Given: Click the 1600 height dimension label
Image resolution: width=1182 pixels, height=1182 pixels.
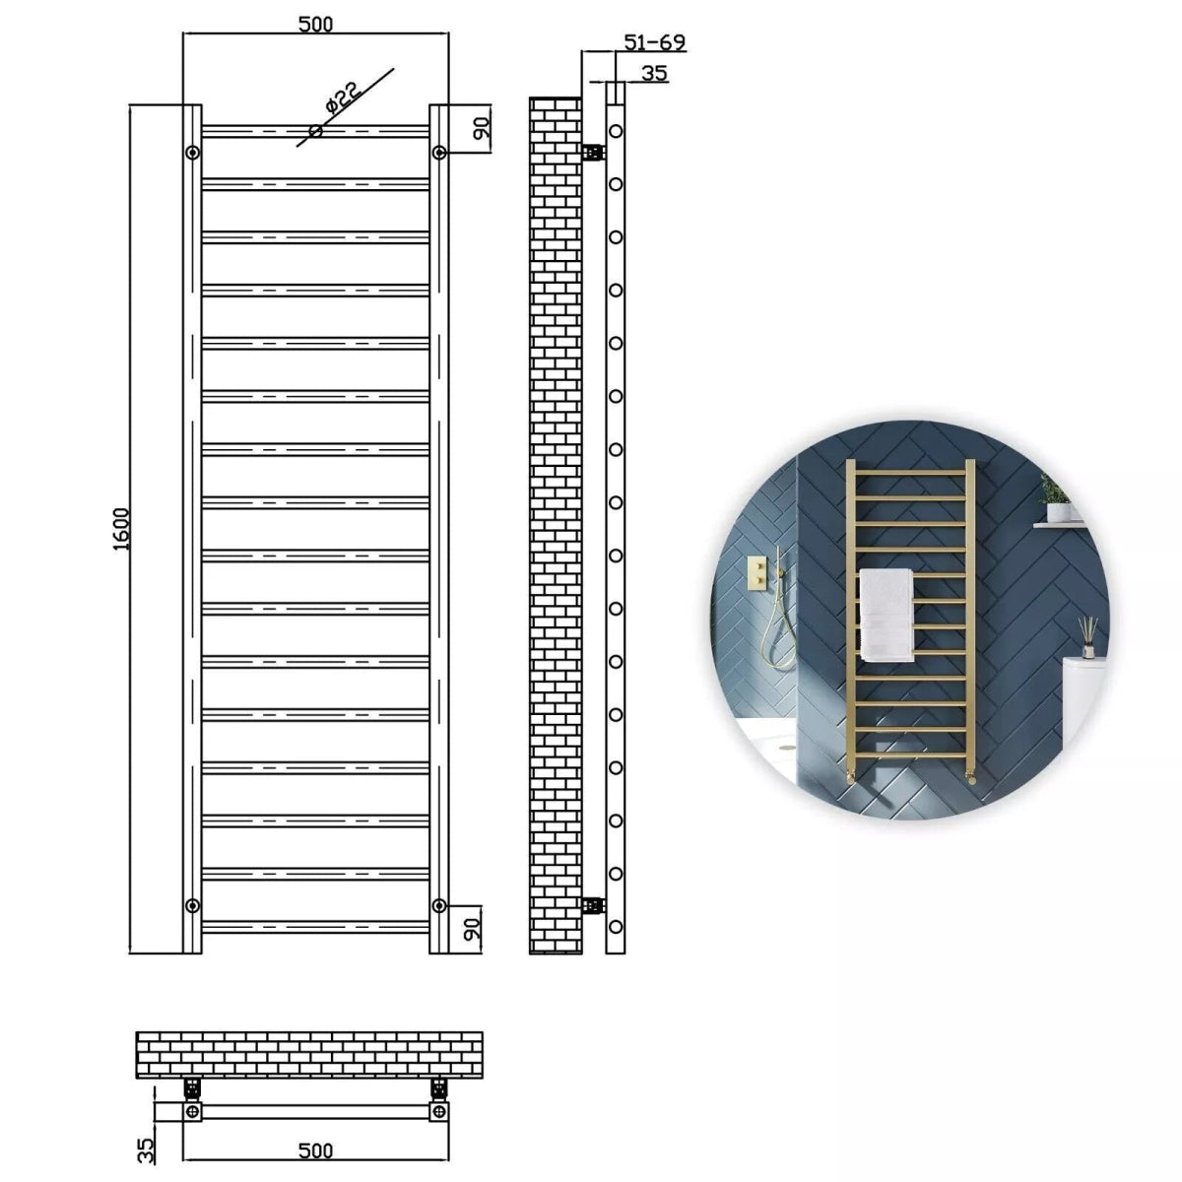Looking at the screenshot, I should (121, 529).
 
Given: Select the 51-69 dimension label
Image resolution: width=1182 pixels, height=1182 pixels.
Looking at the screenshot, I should (655, 42).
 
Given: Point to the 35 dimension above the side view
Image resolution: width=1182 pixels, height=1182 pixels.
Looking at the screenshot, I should (654, 73).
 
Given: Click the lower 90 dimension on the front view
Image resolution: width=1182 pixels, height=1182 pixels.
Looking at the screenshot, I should (473, 927).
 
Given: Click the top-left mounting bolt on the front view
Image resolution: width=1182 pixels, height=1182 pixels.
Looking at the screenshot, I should (192, 152).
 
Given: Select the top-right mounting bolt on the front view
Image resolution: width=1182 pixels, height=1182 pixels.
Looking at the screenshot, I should (439, 152).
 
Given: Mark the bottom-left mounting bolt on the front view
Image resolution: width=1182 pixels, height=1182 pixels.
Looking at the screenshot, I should (192, 904).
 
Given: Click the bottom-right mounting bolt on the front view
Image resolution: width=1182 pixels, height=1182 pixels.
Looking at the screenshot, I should (439, 904).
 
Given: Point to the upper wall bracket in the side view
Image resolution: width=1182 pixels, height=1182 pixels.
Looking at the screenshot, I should (592, 152).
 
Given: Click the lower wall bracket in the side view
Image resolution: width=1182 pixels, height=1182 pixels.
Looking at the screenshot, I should (592, 904).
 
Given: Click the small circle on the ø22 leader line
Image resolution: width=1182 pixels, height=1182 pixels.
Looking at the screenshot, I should (315, 130).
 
